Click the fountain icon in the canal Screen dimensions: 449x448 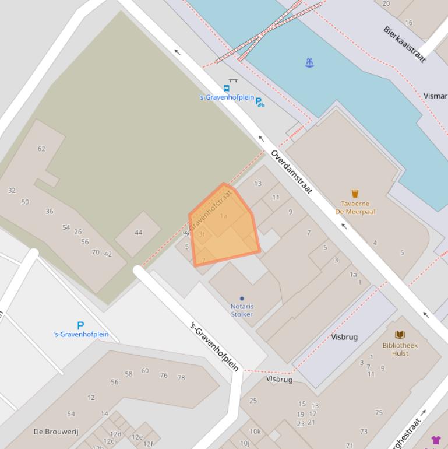click(x=309, y=63)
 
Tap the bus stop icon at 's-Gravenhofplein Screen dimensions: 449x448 click(x=226, y=89)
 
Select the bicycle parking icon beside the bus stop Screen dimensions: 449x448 click(x=260, y=102)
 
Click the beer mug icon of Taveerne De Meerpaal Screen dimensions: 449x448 click(x=355, y=193)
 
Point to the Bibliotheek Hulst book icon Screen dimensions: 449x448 click(x=400, y=335)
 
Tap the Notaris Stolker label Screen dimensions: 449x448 click(x=242, y=310)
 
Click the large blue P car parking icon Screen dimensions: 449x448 click(x=80, y=325)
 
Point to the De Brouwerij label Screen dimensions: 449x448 click(x=56, y=432)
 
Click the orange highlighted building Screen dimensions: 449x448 click(x=224, y=227)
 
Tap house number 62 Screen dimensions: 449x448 click(x=41, y=149)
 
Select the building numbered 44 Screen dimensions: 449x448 click(x=138, y=233)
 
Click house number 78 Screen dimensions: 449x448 click(x=181, y=377)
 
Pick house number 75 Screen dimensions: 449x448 click(x=379, y=413)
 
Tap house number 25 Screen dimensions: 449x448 click(x=253, y=401)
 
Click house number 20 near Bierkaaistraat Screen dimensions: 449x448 click(x=386, y=3)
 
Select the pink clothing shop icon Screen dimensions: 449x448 click(x=436, y=440)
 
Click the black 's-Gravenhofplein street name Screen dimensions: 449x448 click(x=215, y=346)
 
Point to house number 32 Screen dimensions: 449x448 click(x=12, y=191)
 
